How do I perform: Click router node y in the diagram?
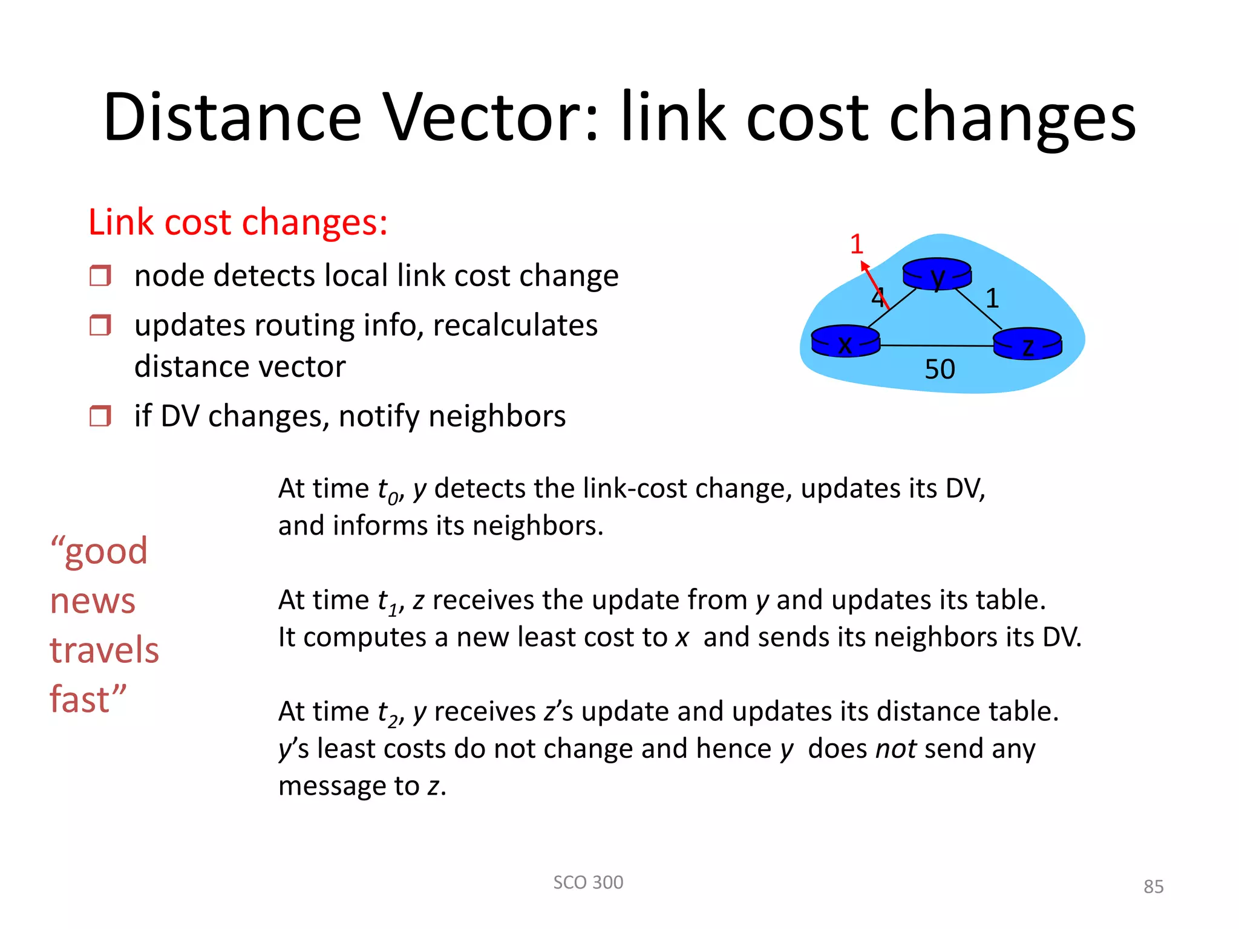pyautogui.click(x=937, y=275)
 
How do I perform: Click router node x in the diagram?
pyautogui.click(x=845, y=342)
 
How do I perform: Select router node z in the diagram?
pyautogui.click(x=1027, y=344)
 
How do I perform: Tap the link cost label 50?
pyautogui.click(x=940, y=370)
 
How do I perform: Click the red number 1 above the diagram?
pyautogui.click(x=856, y=244)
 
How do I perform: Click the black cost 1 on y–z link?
pyautogui.click(x=992, y=298)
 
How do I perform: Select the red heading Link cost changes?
pyautogui.click(x=238, y=222)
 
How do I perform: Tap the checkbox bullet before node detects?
pyautogui.click(x=100, y=276)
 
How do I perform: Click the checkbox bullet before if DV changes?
pyautogui.click(x=100, y=416)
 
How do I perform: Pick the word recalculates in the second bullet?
pyautogui.click(x=515, y=325)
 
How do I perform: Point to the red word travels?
pyautogui.click(x=104, y=650)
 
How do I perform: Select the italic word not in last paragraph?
pyautogui.click(x=895, y=749)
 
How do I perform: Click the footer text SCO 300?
pyautogui.click(x=588, y=882)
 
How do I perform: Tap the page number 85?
pyautogui.click(x=1153, y=887)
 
